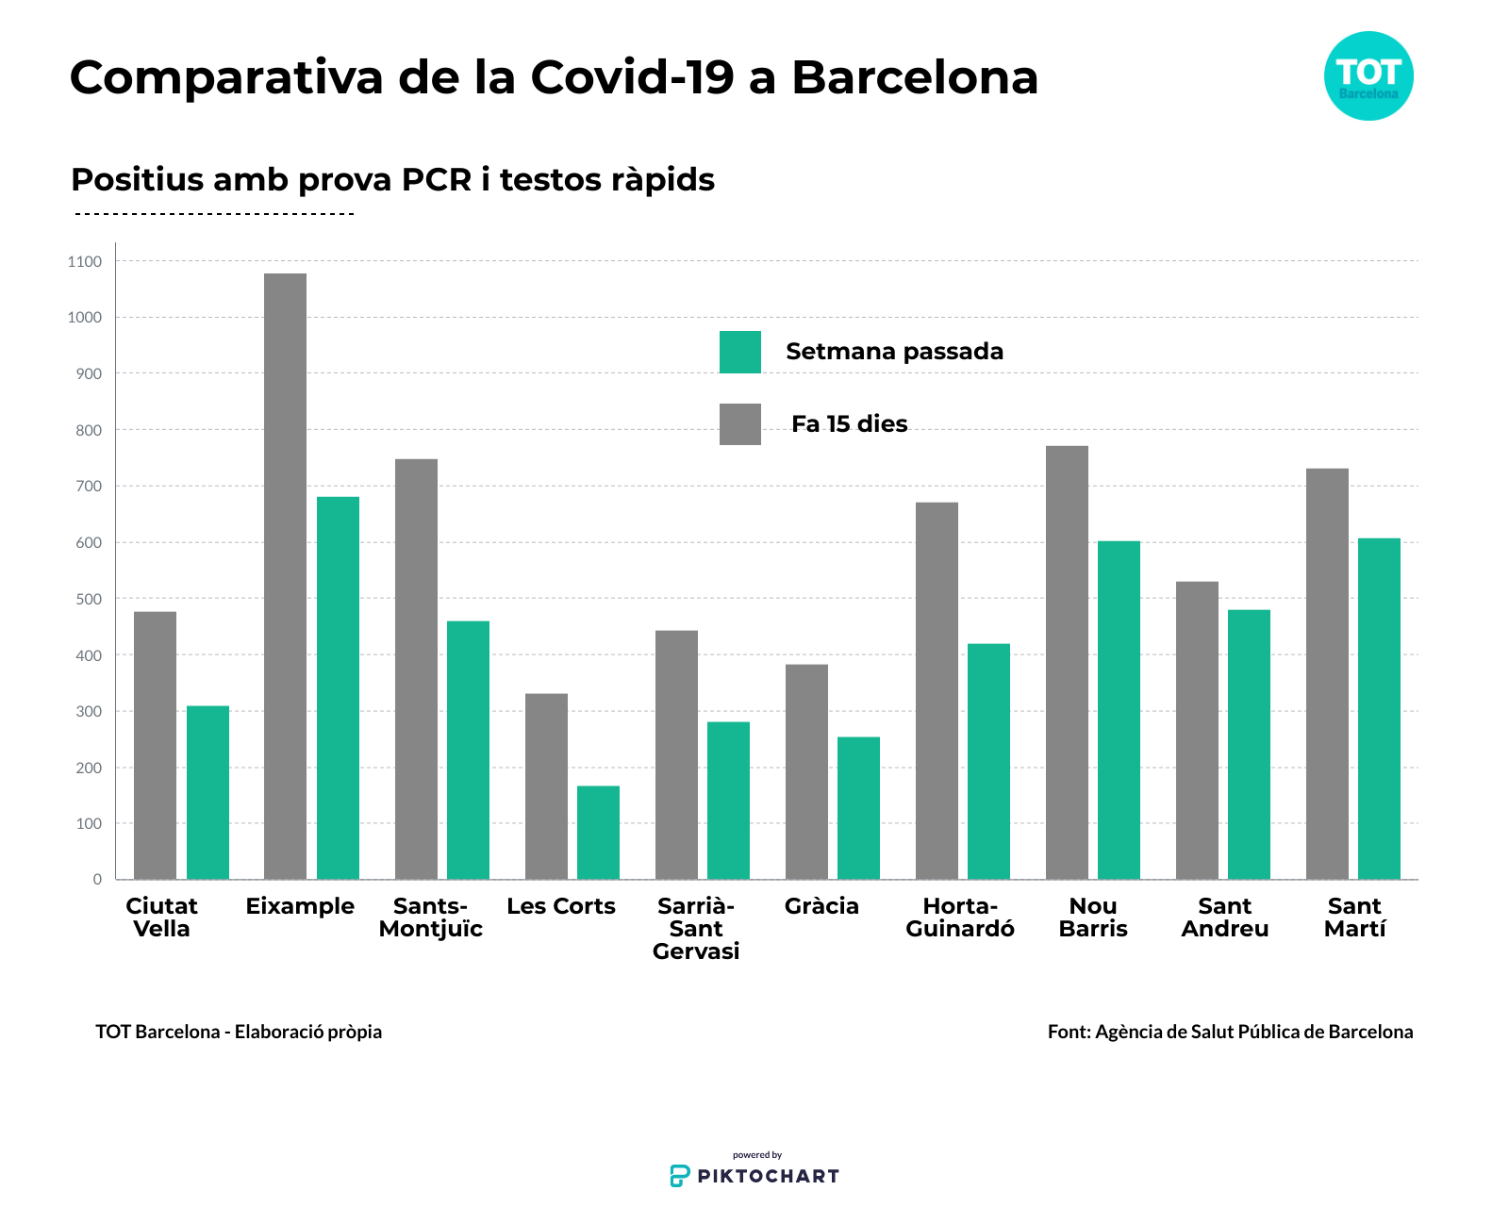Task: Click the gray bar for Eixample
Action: coord(285,576)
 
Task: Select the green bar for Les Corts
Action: coord(598,833)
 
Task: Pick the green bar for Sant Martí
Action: coord(1379,708)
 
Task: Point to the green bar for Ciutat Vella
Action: coord(207,792)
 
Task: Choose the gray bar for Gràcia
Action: coord(806,771)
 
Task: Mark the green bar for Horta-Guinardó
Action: coord(988,761)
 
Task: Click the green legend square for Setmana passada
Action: coord(740,352)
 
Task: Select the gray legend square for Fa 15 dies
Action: coord(740,424)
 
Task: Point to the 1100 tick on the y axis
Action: coord(85,262)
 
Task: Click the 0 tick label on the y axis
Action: coord(97,880)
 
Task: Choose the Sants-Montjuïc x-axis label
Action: coord(430,918)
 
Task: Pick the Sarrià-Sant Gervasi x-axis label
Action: coord(696,929)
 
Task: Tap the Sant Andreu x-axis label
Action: coord(1224,918)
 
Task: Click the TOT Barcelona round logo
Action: coord(1368,75)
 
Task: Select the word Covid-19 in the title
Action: coord(632,77)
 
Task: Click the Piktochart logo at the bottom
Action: coord(754,1175)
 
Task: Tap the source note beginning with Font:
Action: coord(1230,1032)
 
